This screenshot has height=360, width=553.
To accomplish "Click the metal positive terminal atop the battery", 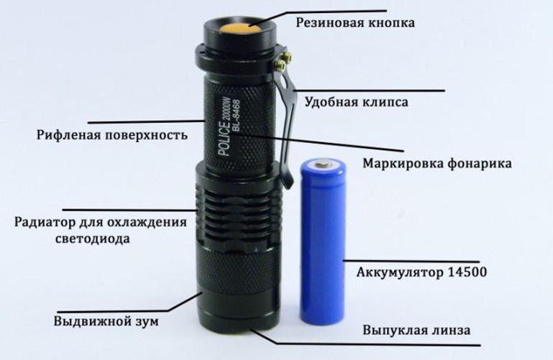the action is (x=323, y=163).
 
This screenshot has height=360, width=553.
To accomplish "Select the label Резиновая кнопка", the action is (x=355, y=23).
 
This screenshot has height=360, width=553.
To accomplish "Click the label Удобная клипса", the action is (x=356, y=102).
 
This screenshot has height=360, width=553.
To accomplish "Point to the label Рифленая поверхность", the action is (x=111, y=135).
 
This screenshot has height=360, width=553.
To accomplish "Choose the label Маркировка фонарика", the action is (x=437, y=164).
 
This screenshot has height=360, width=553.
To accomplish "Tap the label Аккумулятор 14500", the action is (x=421, y=272).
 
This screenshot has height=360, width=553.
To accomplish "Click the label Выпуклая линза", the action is (x=416, y=331).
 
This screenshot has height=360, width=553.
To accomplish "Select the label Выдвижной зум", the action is (x=106, y=322).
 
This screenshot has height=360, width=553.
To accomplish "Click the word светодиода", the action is (x=93, y=239).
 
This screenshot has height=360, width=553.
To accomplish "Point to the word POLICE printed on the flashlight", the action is (x=224, y=139).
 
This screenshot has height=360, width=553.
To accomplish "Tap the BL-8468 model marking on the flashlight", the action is (x=236, y=116).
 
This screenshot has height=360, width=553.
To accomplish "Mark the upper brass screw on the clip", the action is (x=288, y=56).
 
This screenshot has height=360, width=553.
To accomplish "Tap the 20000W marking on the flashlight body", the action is (x=226, y=109).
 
